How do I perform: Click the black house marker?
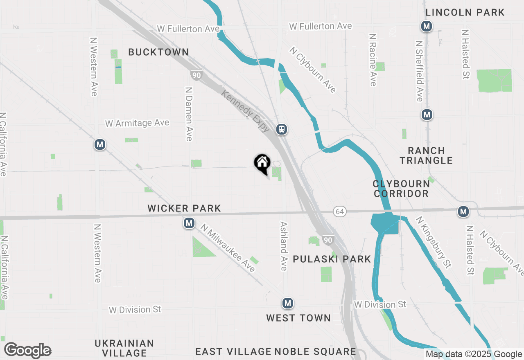[x=262, y=164]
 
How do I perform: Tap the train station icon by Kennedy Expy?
[x=281, y=129]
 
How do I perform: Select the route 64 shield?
[x=339, y=211]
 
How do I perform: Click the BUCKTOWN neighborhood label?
[x=158, y=52]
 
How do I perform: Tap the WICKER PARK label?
[x=184, y=208]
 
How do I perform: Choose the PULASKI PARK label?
[x=332, y=259]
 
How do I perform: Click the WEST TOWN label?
[x=298, y=318]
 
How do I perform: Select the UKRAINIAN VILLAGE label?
[x=124, y=348]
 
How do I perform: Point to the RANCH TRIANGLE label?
[x=426, y=155]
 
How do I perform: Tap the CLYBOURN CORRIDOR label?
[x=401, y=189]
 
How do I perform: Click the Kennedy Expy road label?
[x=245, y=111]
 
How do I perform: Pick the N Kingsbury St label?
[x=434, y=242]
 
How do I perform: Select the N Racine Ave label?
[x=372, y=60]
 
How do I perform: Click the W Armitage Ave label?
[x=137, y=123]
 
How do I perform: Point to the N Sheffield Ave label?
[x=419, y=71]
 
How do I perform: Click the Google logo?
[x=27, y=351]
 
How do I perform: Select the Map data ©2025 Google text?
[x=474, y=354]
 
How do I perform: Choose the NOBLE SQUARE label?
[x=315, y=351]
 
